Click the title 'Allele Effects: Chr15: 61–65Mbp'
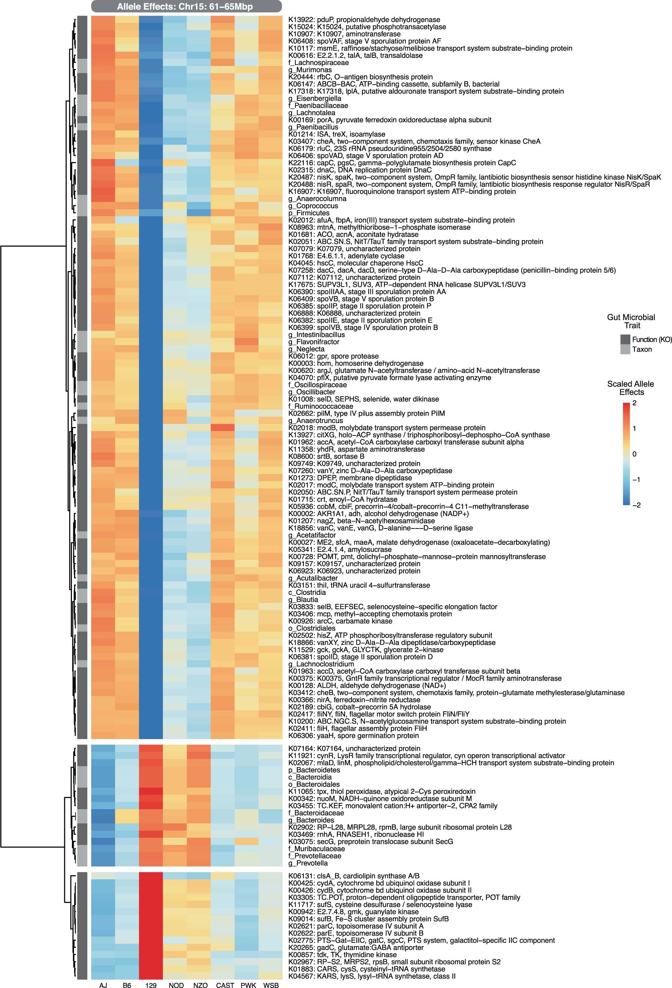coord(186,6)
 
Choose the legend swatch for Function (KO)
coord(625,339)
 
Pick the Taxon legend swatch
coord(625,349)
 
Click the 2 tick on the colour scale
coord(634,403)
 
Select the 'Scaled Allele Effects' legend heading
coord(630,388)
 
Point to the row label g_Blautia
coord(303,599)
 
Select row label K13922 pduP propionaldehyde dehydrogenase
coord(364,20)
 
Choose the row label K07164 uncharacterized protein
coord(354,748)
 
